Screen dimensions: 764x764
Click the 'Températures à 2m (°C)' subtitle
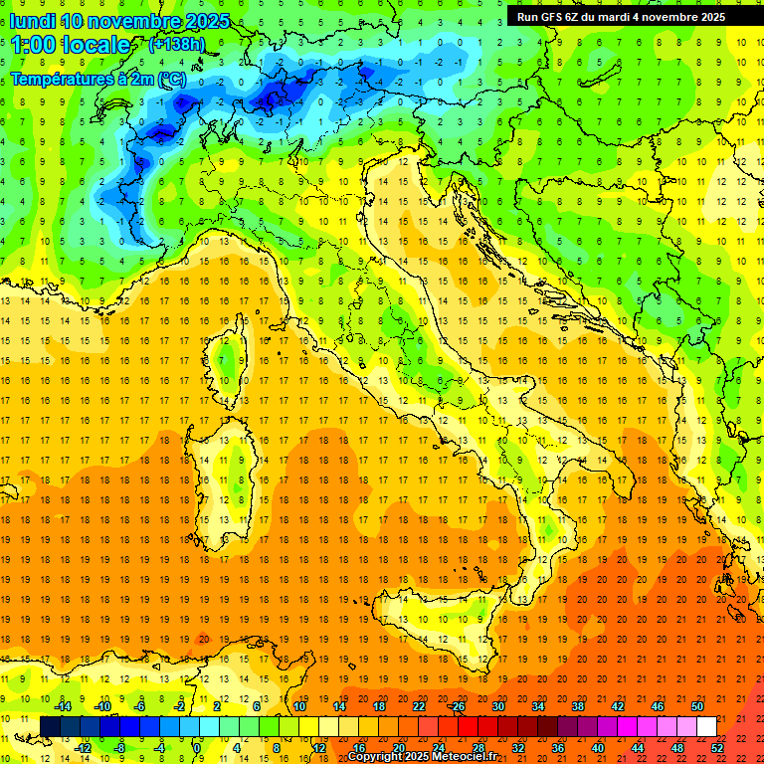click(96, 77)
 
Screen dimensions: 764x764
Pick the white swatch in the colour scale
click(706, 726)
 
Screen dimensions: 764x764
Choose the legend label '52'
click(717, 747)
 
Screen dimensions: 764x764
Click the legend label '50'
click(697, 706)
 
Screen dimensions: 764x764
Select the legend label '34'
click(538, 706)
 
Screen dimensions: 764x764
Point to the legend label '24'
click(439, 747)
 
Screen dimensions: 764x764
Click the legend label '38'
click(578, 706)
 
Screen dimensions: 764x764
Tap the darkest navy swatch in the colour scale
click(51, 726)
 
